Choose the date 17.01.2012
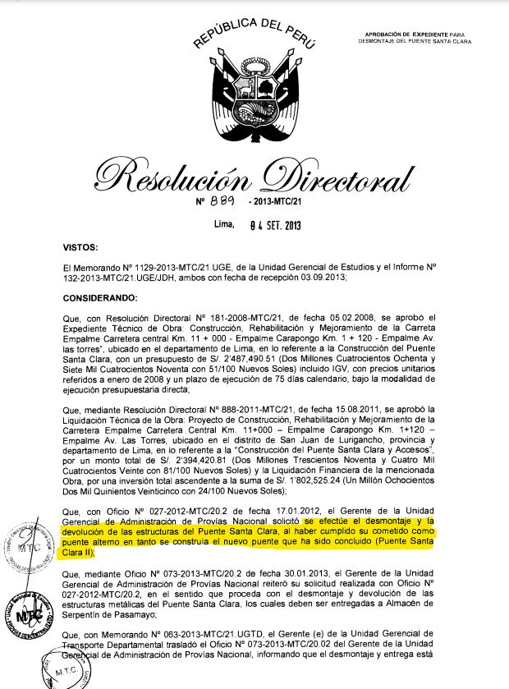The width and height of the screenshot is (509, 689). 244,511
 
